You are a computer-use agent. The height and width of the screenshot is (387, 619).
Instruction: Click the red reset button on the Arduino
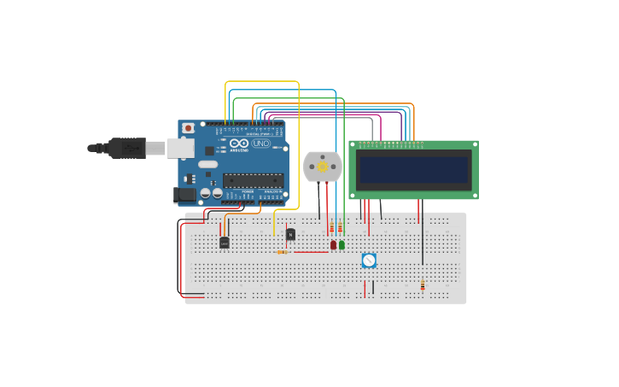(x=187, y=128)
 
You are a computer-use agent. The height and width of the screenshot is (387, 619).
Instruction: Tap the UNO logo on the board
(x=261, y=143)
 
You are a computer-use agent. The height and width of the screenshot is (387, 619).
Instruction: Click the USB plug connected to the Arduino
(x=127, y=148)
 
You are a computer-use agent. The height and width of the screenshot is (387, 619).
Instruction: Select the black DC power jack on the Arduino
(x=184, y=195)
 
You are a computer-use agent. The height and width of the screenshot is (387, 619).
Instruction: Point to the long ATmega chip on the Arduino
(x=253, y=180)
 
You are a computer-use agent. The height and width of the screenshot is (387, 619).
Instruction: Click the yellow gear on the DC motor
(x=323, y=167)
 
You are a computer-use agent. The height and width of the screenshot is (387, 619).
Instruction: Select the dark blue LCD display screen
(x=413, y=169)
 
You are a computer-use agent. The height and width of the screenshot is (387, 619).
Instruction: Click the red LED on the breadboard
(x=333, y=244)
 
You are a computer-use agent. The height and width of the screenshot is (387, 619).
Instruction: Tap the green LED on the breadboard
(x=342, y=244)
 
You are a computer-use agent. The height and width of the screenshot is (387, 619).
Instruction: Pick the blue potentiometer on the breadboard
(x=369, y=260)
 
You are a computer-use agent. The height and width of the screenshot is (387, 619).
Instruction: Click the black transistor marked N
(x=290, y=234)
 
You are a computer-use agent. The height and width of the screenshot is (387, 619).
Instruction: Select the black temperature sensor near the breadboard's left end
(x=225, y=243)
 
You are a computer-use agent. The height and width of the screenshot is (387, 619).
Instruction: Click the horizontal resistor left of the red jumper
(x=283, y=252)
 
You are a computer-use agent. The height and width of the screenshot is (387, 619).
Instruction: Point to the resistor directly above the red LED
(x=332, y=227)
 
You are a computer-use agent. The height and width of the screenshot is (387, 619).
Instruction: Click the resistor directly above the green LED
(x=340, y=227)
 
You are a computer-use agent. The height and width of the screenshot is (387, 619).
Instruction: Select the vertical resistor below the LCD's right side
(x=422, y=285)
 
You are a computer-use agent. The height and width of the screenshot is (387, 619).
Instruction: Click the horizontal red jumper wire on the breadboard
(x=312, y=252)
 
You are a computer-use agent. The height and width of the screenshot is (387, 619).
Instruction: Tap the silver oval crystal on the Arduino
(x=208, y=164)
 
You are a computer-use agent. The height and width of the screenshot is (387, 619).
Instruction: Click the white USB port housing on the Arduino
(x=180, y=149)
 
